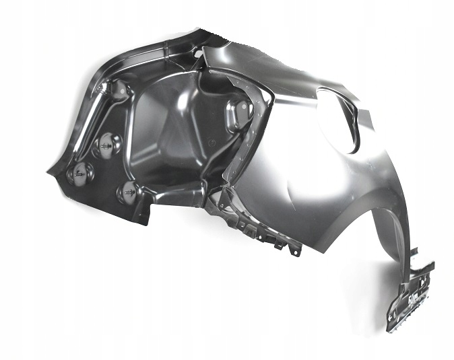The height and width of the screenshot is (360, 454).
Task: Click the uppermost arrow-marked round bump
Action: click(x=107, y=144)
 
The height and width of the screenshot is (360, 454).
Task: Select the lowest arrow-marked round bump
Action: click(x=128, y=192)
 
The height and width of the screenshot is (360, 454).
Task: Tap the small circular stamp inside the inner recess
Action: click(x=209, y=144)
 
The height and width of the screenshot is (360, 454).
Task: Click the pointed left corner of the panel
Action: click(x=48, y=171)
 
